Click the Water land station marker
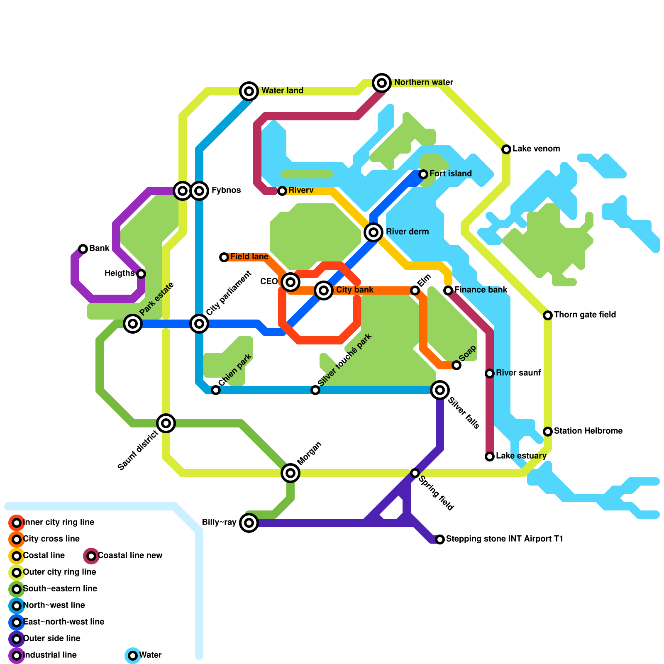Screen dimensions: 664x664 [x=249, y=91]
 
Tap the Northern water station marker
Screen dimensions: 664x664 [x=382, y=83]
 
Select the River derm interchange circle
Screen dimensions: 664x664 [x=373, y=232]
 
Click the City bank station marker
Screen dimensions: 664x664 [x=324, y=290]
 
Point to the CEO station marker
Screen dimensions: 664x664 [x=290, y=282]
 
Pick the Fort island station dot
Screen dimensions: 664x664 [x=423, y=174]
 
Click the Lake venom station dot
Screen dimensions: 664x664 [x=506, y=149]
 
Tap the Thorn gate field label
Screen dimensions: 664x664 [x=585, y=315]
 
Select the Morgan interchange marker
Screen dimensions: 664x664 [x=290, y=473]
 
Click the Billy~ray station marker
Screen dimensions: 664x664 [x=249, y=523]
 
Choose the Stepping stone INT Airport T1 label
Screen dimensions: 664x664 [x=504, y=539]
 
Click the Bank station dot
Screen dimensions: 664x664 [x=83, y=249]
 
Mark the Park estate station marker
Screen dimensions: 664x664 [x=133, y=323]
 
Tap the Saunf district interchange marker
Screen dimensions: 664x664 [x=166, y=423]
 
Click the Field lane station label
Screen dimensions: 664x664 [x=249, y=257]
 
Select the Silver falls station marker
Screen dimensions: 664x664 [x=440, y=390]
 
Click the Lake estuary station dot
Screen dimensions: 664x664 [x=490, y=456]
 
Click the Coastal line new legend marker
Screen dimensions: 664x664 [x=91, y=556]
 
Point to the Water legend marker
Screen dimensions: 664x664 [x=133, y=656]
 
